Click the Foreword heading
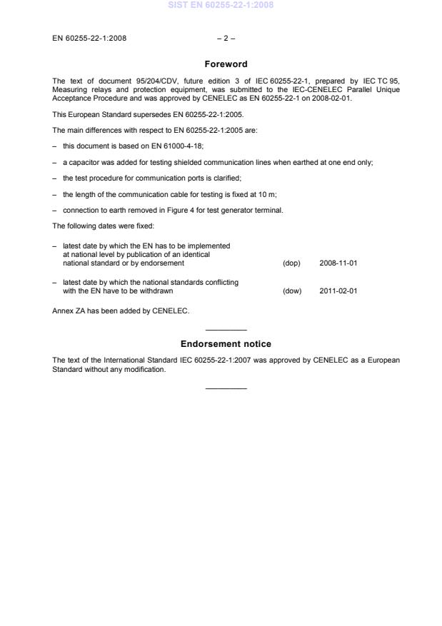(226, 64)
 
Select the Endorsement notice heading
(226, 344)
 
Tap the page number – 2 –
(226, 38)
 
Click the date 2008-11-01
(338, 263)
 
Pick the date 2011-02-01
(338, 291)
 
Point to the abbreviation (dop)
(291, 263)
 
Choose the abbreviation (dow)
(292, 291)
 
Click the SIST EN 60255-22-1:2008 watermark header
(221, 5)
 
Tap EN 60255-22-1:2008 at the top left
(89, 38)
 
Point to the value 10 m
(226, 194)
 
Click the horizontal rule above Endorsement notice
(226, 330)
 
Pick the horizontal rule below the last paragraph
(226, 388)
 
